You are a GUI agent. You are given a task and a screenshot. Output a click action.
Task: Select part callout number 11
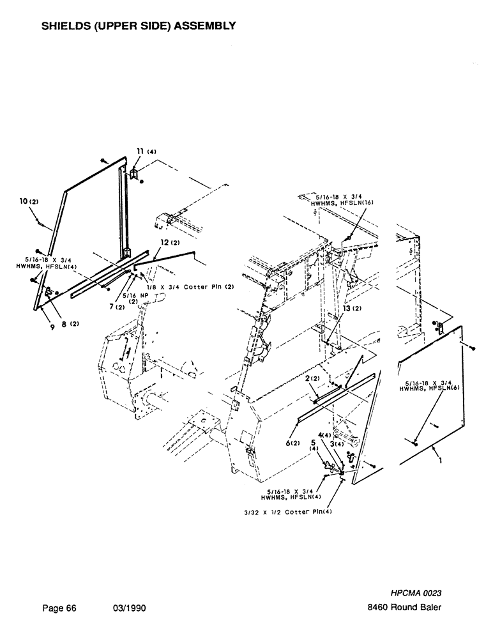pyautogui.click(x=139, y=151)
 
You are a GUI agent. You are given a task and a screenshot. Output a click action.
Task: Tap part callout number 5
pyautogui.click(x=313, y=442)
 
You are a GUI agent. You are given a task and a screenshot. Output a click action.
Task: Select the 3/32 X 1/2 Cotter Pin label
pyautogui.click(x=289, y=512)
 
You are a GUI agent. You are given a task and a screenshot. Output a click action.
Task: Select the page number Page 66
pyautogui.click(x=59, y=608)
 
